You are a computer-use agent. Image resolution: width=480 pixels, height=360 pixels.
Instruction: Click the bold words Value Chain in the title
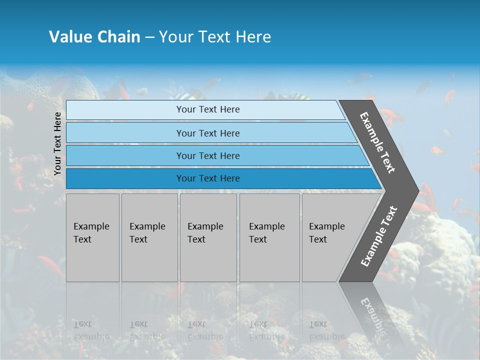(94, 37)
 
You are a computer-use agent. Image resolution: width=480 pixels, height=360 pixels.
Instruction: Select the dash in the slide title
(149, 37)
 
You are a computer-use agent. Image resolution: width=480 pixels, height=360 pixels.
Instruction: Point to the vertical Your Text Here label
(57, 143)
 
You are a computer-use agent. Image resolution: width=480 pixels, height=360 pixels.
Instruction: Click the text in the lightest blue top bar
(208, 109)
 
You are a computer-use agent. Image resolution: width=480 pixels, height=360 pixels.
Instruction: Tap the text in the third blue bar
(208, 156)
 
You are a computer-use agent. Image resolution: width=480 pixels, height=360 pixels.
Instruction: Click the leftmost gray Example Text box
(92, 237)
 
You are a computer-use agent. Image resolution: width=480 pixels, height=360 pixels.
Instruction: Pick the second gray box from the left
(149, 237)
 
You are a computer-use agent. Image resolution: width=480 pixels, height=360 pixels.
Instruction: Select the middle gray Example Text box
(208, 237)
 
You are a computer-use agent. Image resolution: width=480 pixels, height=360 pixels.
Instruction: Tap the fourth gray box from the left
(269, 237)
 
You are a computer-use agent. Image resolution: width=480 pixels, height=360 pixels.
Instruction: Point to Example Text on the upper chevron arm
(377, 142)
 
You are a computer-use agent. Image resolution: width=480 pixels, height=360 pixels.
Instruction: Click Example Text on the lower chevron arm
(379, 236)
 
